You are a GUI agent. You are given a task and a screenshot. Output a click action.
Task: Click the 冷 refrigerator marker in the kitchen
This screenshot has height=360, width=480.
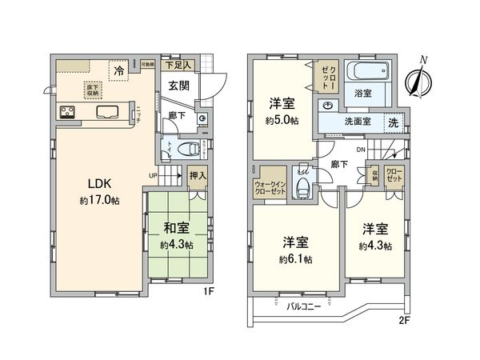click(119, 70)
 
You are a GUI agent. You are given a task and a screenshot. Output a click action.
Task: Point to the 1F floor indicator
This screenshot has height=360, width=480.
click(208, 293)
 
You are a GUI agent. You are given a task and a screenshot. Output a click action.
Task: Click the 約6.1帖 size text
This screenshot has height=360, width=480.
click(296, 261)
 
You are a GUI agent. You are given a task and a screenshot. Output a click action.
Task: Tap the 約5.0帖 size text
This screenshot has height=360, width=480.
click(282, 119)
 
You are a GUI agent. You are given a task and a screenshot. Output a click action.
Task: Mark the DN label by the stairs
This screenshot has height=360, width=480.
click(361, 150)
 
